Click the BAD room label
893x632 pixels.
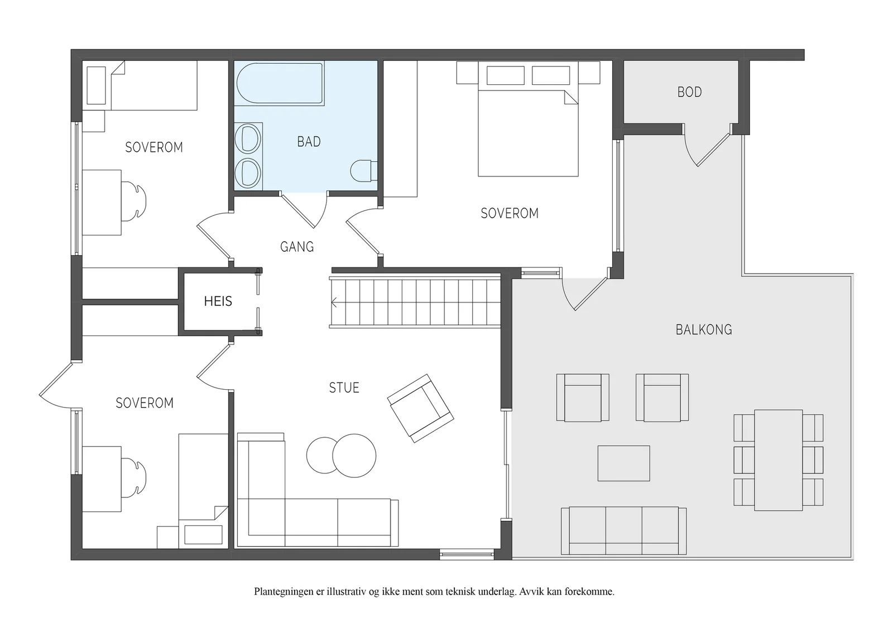coord(309,142)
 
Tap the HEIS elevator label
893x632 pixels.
coord(218,301)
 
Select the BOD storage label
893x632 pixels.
coord(690,92)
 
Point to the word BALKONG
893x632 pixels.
coord(704,330)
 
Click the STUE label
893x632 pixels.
coord(344,387)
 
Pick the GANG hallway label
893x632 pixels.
coord(297,247)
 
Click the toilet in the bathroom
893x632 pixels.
coord(363,171)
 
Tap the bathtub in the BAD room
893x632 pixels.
coord(280,83)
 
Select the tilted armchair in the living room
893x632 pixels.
coord(421,408)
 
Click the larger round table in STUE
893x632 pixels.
coord(354,456)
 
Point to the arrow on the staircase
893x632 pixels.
coord(334,303)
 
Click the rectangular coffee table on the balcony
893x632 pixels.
coord(623,463)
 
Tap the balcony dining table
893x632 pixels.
coord(778,460)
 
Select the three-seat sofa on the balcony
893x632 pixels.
coord(623,531)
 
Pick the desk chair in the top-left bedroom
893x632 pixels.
coord(133,201)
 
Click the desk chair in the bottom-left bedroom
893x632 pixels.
coord(133,478)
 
